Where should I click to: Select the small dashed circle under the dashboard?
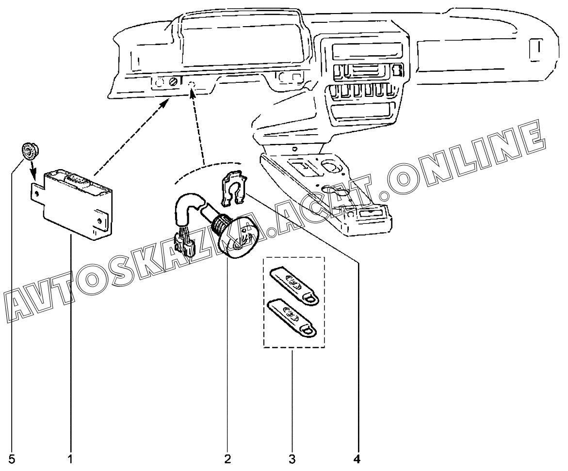pyautogui.click(x=192, y=85)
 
